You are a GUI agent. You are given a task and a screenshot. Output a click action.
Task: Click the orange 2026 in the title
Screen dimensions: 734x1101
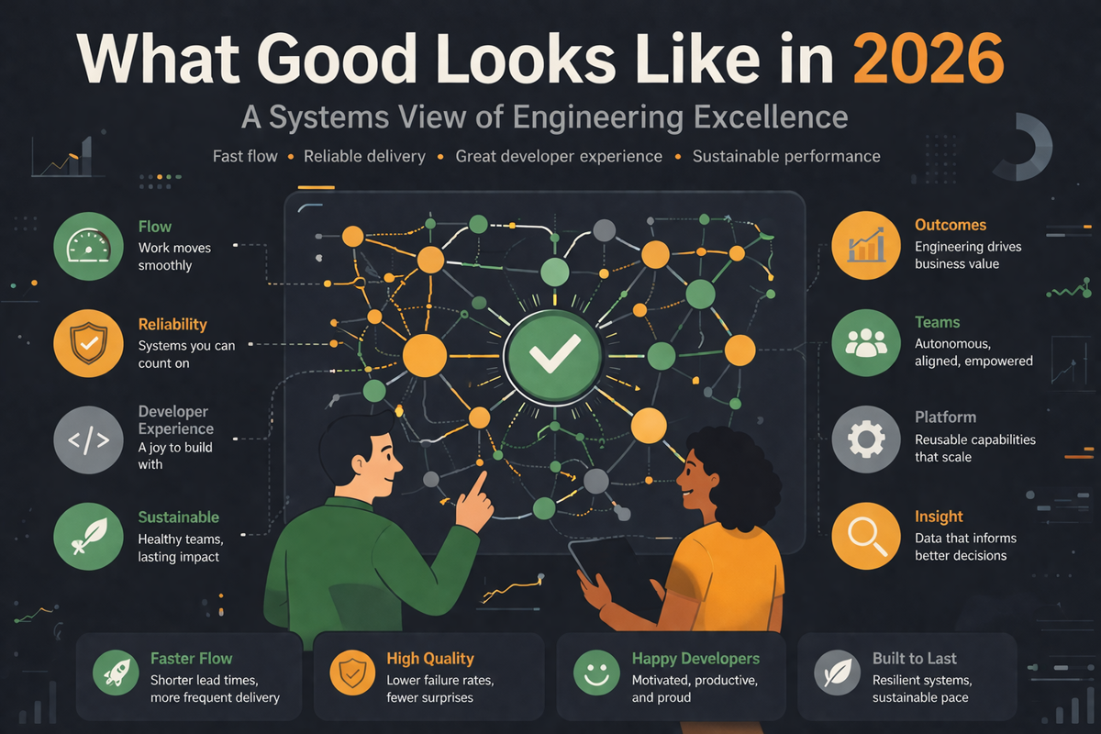click(928, 58)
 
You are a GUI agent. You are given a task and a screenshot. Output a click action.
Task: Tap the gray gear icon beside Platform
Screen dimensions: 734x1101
click(866, 439)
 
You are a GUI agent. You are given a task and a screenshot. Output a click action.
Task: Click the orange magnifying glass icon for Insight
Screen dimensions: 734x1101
click(866, 537)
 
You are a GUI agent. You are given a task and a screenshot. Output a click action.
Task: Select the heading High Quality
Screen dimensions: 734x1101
click(430, 659)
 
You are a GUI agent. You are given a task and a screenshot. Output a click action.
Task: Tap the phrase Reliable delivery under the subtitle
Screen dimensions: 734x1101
click(365, 156)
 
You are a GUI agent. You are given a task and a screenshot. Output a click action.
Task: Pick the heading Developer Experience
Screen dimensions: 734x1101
click(175, 420)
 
